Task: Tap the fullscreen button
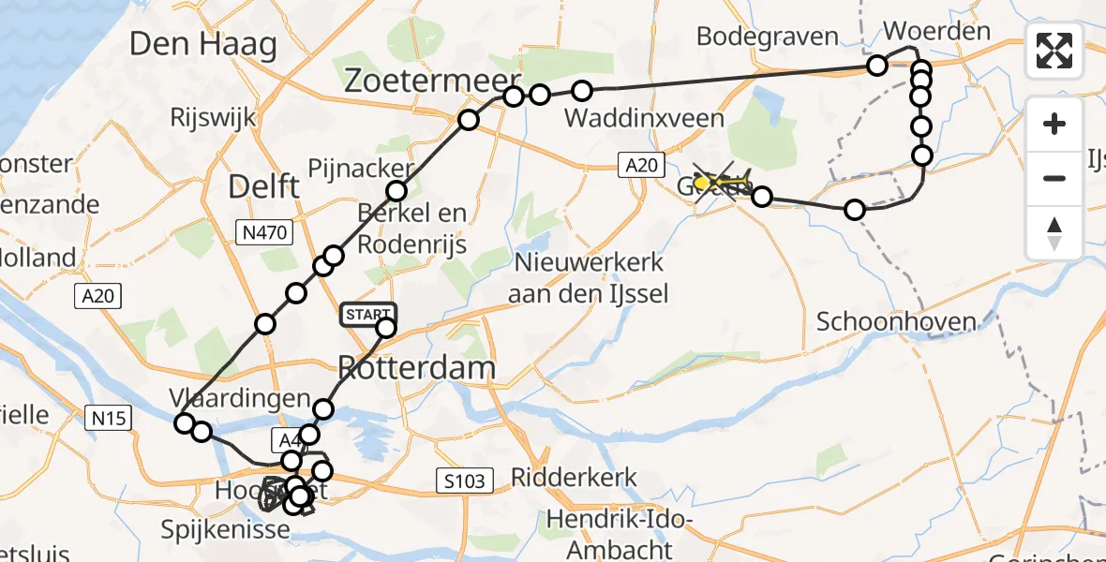click(1054, 51)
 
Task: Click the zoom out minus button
click(1054, 178)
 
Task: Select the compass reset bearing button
click(1054, 232)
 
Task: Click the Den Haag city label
click(203, 44)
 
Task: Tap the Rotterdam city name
click(416, 367)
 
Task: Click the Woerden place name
click(936, 31)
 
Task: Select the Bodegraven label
click(768, 37)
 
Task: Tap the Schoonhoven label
click(896, 322)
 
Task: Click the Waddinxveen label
click(644, 118)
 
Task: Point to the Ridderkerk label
click(574, 478)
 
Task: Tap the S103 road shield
click(465, 482)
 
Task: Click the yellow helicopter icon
click(722, 181)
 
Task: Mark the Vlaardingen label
click(241, 397)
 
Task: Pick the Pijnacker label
click(360, 169)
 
